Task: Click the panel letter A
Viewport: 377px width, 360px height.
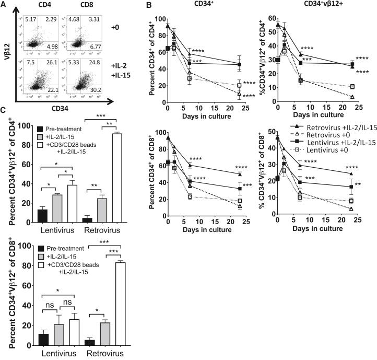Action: pyautogui.click(x=5, y=5)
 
